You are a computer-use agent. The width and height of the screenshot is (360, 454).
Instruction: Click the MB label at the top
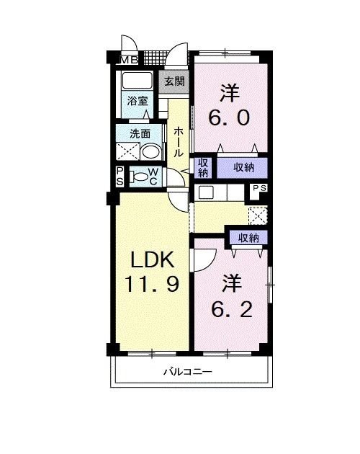point(129,59)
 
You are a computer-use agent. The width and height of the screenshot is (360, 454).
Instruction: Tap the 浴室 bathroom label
point(138,101)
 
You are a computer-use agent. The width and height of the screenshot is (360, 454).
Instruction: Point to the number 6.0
point(230,116)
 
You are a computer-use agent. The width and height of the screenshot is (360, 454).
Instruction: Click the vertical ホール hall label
point(178,141)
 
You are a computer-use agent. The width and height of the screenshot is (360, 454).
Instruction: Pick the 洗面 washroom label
point(140,133)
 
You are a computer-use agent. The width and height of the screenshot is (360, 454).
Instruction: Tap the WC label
point(153,176)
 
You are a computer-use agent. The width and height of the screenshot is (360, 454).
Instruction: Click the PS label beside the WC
point(120,176)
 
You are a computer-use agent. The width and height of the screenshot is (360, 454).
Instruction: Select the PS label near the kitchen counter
point(259,190)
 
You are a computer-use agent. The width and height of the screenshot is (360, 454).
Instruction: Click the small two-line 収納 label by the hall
point(203,166)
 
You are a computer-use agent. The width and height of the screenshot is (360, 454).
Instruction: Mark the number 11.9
point(153,285)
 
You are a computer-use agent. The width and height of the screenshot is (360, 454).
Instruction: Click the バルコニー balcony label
point(186,372)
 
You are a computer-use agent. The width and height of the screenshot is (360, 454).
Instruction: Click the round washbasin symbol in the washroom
point(150,152)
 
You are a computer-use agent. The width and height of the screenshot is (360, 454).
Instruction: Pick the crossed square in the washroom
point(127,151)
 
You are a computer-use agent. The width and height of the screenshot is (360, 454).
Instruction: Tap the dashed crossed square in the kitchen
point(257,217)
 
